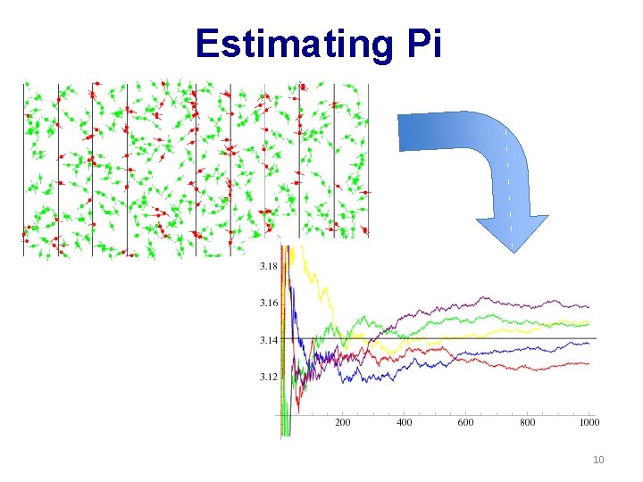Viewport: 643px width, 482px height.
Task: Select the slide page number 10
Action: pyautogui.click(x=597, y=460)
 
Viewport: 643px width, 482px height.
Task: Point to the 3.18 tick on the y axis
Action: pyautogui.click(x=267, y=266)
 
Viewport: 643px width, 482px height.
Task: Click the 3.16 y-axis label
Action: pyautogui.click(x=267, y=303)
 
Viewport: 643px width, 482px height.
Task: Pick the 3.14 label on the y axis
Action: pyautogui.click(x=267, y=340)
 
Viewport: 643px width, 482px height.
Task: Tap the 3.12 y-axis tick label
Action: pyautogui.click(x=267, y=377)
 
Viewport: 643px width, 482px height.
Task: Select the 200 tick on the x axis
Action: pyautogui.click(x=342, y=423)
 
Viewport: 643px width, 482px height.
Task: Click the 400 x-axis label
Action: pyautogui.click(x=405, y=423)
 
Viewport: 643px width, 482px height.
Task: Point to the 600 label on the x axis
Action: pyautogui.click(x=466, y=423)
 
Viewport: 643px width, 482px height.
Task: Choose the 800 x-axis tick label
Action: pyautogui.click(x=528, y=423)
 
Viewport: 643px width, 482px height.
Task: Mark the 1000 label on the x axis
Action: pyautogui.click(x=589, y=423)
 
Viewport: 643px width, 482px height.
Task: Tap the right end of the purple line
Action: pyautogui.click(x=589, y=307)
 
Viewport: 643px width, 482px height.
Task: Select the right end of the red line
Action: pyautogui.click(x=589, y=363)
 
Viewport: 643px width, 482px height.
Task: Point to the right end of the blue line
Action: pyautogui.click(x=589, y=344)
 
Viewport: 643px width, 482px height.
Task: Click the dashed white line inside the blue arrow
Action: pyautogui.click(x=508, y=179)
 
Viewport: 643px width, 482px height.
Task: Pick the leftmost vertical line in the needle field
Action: pyautogui.click(x=24, y=170)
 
